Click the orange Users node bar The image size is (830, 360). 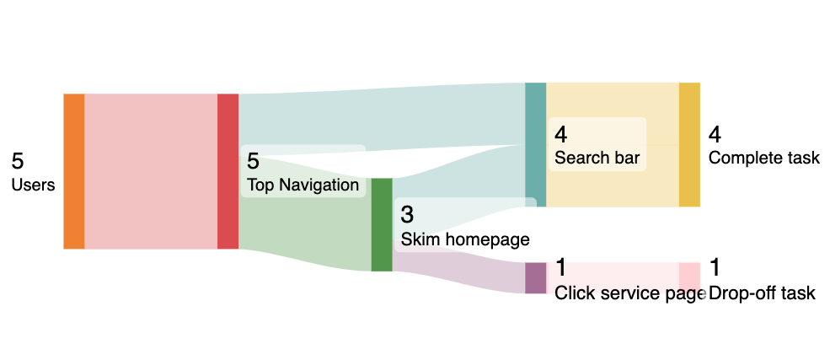[74, 171]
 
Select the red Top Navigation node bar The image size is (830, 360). [228, 171]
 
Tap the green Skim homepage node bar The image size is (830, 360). [382, 224]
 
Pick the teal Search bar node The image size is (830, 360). [535, 144]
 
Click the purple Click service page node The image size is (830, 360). [535, 277]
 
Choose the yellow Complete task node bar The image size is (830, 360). [689, 144]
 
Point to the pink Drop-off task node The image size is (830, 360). [689, 277]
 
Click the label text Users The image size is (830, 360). [33, 185]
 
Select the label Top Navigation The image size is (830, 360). [303, 185]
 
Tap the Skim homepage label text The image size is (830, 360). [464, 239]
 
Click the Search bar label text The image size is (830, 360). [597, 158]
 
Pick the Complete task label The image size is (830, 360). [763, 158]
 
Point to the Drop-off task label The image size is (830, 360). [762, 293]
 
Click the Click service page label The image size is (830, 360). [629, 293]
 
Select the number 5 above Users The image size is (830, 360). [18, 161]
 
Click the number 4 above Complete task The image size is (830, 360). [715, 134]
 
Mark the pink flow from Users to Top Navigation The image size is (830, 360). [151, 171]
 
